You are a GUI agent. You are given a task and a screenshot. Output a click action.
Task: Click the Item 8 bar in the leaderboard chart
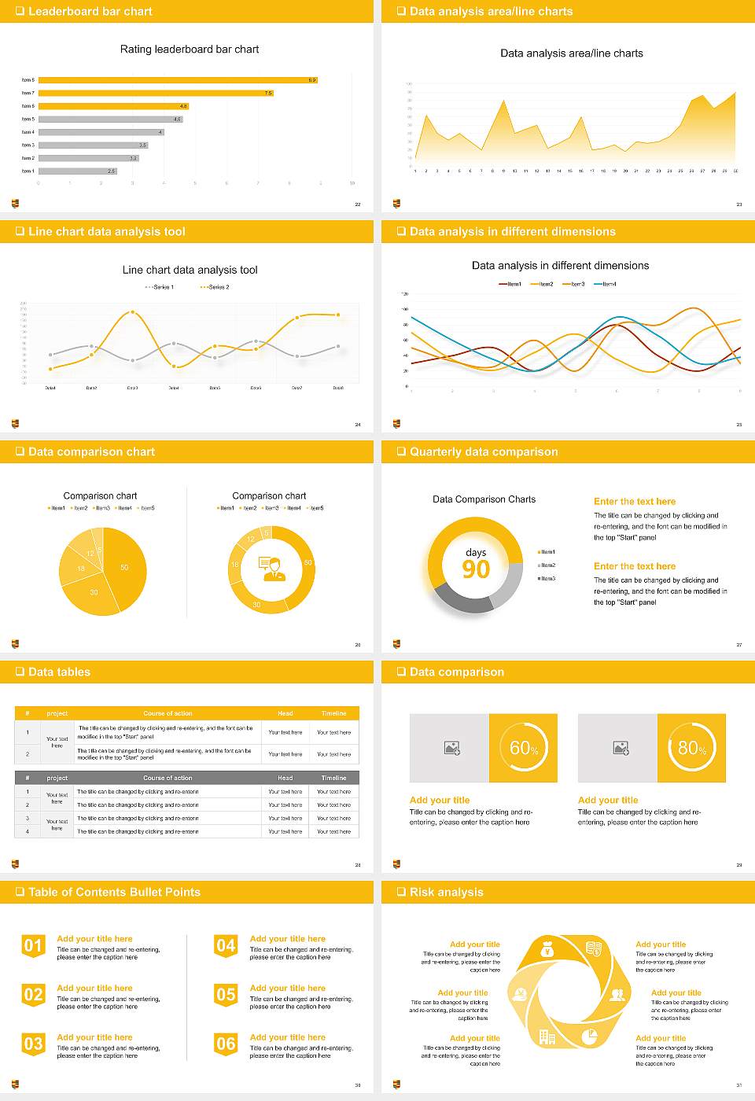tap(177, 79)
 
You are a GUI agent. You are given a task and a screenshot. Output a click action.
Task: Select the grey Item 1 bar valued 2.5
tap(77, 171)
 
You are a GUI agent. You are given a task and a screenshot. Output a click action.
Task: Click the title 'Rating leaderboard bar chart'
tap(190, 49)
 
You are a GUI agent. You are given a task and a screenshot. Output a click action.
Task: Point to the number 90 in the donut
tap(476, 569)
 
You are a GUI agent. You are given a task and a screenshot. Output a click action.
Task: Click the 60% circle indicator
tap(523, 748)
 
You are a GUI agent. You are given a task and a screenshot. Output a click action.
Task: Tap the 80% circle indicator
tap(691, 748)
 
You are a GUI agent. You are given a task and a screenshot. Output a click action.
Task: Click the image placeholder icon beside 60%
tap(451, 748)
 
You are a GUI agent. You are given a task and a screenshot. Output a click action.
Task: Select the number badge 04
tap(226, 946)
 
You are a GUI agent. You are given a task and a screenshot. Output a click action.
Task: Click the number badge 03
tap(33, 1044)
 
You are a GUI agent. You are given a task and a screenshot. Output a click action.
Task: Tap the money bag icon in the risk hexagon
tap(548, 950)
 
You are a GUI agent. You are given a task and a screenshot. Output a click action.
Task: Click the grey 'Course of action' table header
tap(168, 778)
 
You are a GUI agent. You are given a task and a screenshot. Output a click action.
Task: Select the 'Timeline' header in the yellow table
tap(333, 713)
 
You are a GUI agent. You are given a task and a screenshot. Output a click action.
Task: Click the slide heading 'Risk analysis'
tap(446, 892)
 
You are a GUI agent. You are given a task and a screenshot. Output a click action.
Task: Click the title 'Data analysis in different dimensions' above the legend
tap(560, 266)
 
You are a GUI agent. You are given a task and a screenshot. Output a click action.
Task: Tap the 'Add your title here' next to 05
tap(287, 988)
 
